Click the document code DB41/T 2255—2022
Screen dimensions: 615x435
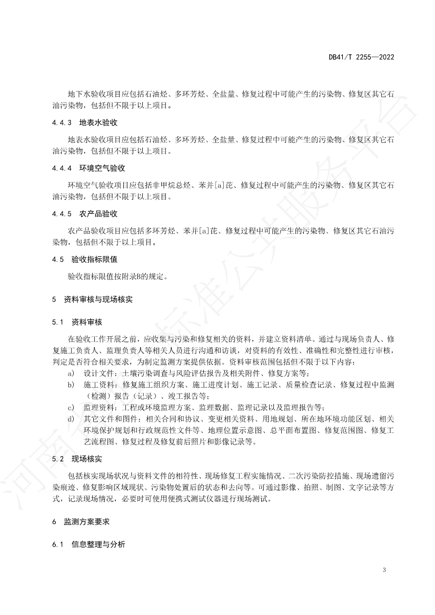click(x=361, y=56)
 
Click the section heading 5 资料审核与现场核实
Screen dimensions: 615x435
click(x=92, y=299)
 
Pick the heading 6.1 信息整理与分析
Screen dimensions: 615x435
click(x=88, y=545)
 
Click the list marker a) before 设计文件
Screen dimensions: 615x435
click(x=71, y=373)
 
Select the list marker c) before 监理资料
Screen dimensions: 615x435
click(x=71, y=407)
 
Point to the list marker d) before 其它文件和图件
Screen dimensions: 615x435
click(x=71, y=419)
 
